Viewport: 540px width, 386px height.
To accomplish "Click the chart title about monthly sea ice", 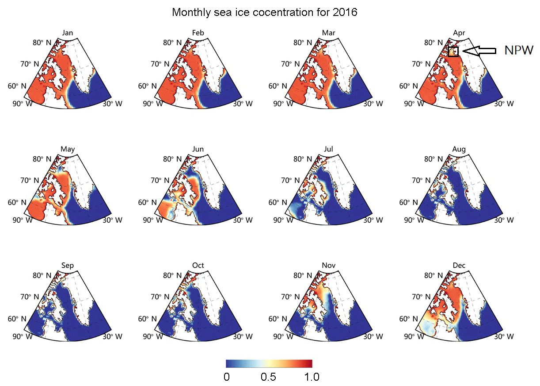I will point(264,12).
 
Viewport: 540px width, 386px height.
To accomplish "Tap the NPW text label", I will point(519,51).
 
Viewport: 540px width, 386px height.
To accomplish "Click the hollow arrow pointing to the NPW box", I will point(479,51).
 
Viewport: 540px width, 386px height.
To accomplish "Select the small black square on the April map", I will point(453,51).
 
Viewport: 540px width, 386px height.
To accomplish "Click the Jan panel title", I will point(68,33).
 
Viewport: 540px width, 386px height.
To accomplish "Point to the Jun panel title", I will point(198,149).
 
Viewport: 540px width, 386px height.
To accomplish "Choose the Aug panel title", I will point(459,149).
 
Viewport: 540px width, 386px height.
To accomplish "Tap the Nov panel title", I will point(328,266).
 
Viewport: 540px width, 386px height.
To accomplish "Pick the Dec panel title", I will point(459,266).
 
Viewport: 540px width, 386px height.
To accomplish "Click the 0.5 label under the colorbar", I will point(268,377).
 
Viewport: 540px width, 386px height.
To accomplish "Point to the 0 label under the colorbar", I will point(226,377).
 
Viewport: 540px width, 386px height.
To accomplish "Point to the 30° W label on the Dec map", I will point(504,336).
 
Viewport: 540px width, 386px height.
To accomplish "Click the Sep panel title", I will point(68,266).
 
